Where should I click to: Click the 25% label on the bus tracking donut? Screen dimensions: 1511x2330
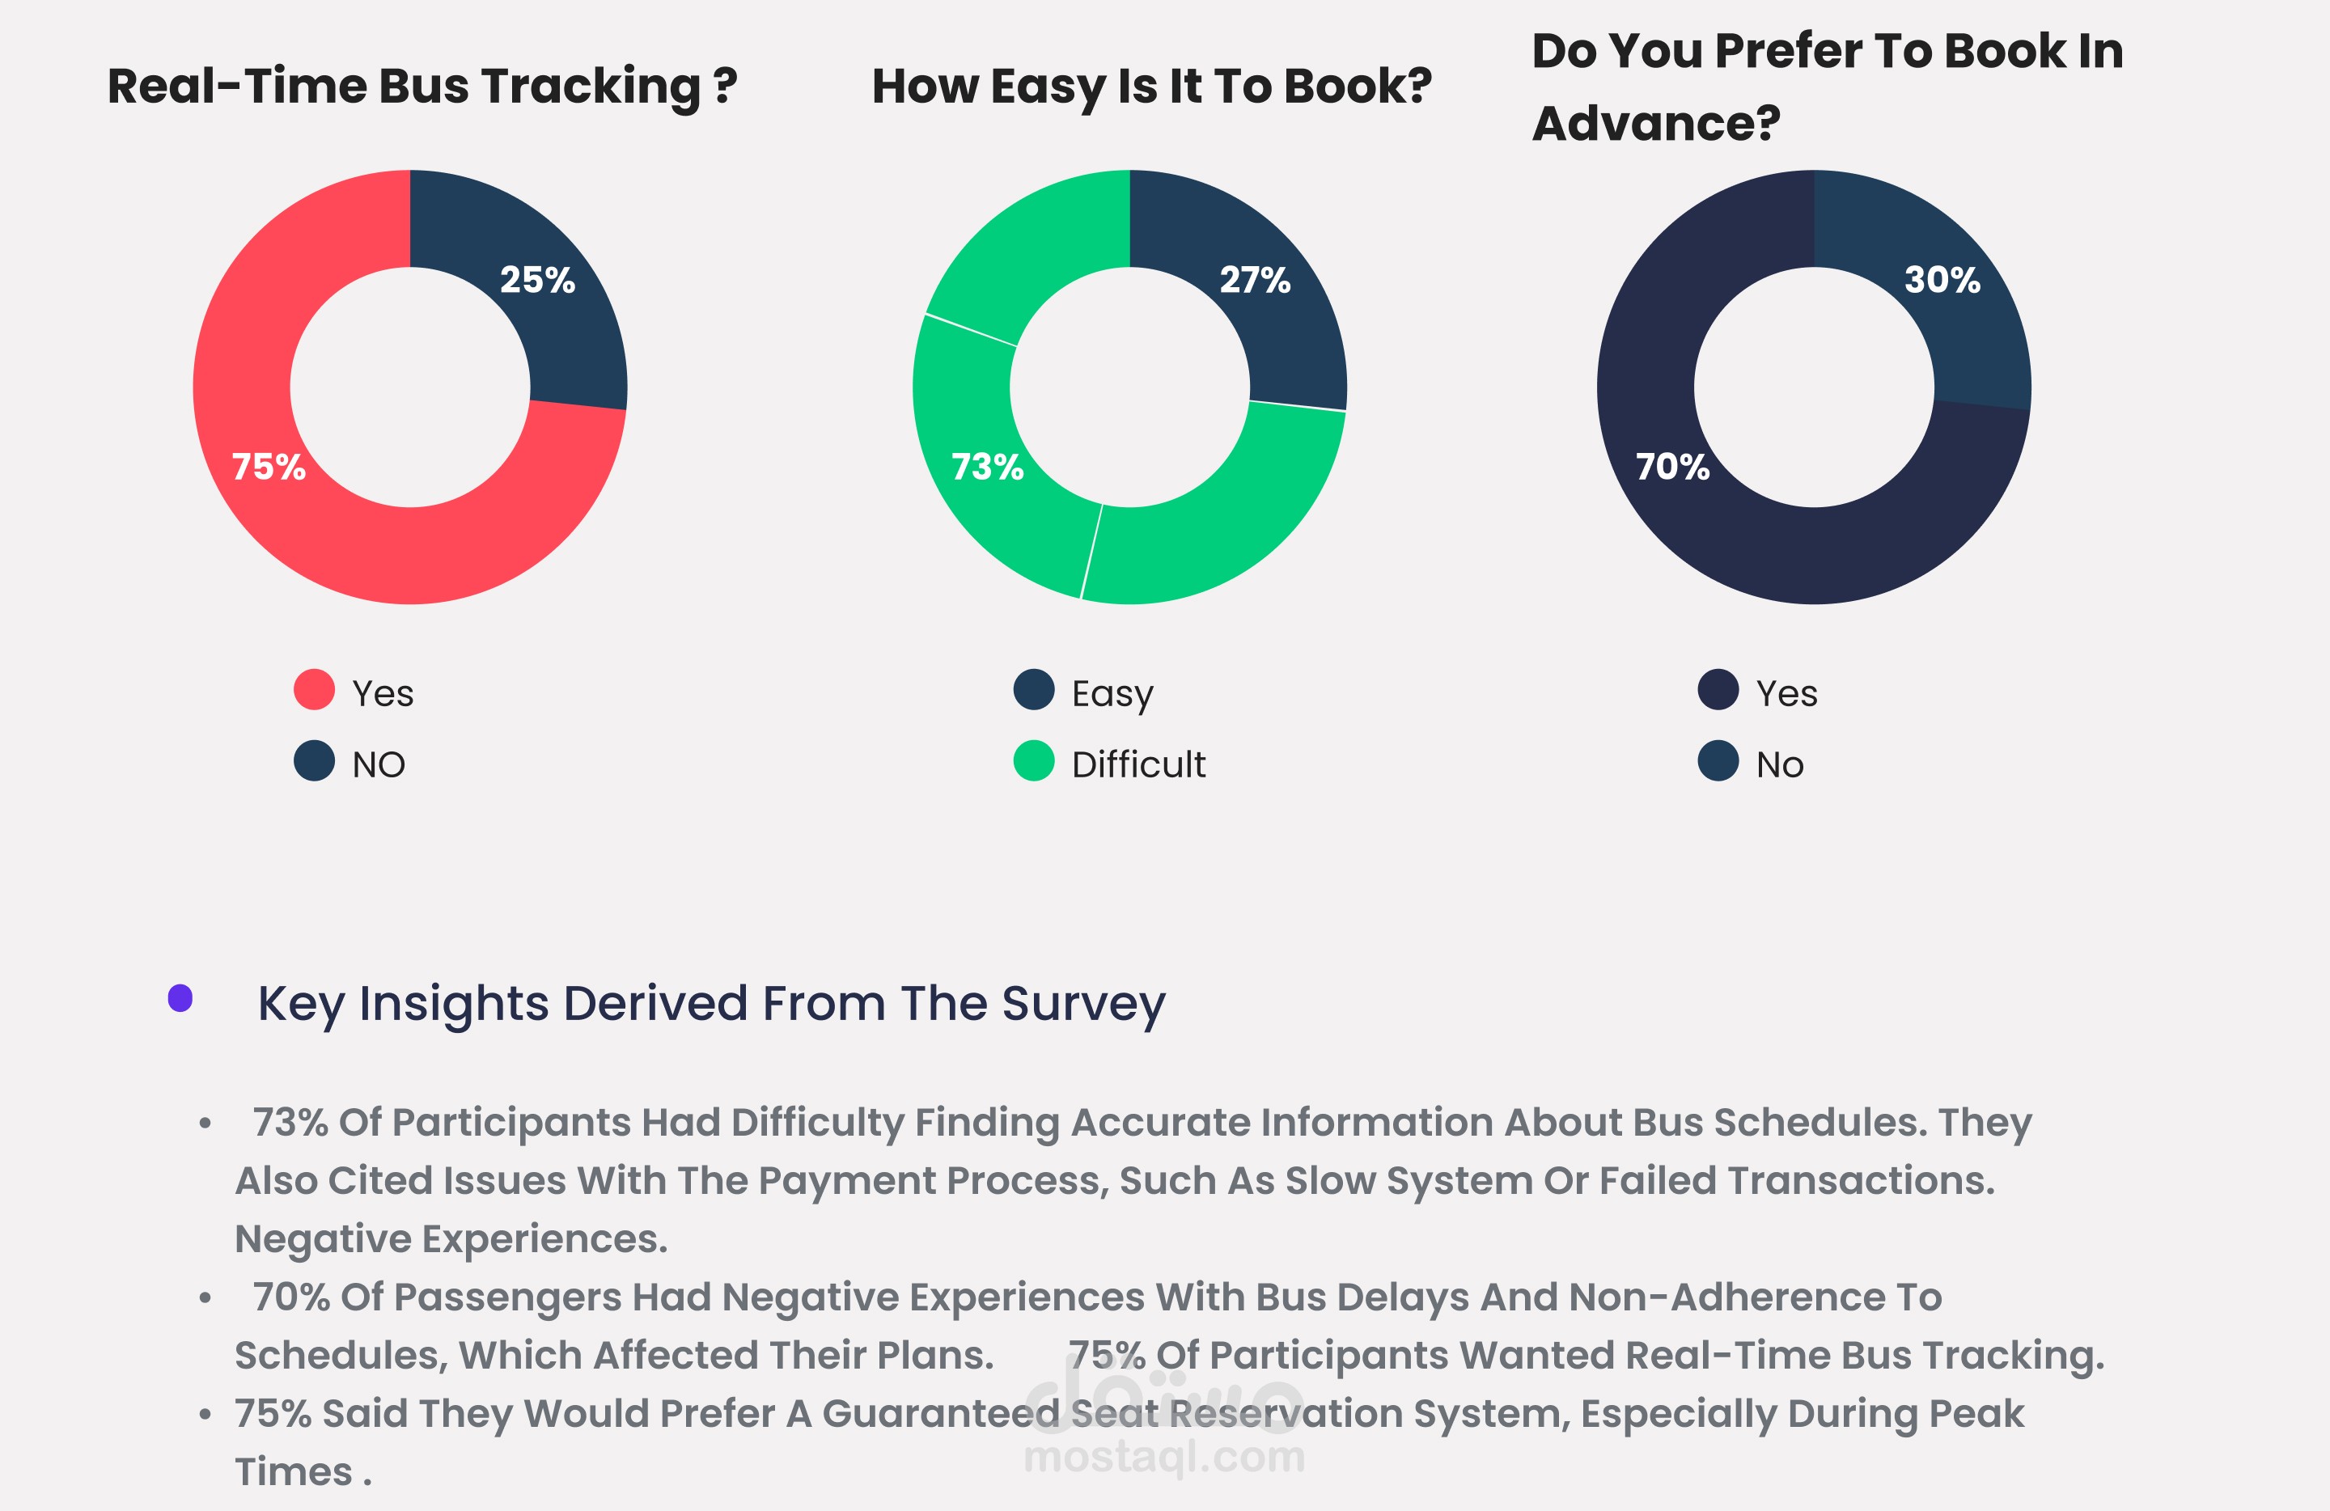(537, 280)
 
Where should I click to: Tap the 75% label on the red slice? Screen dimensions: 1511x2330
(269, 467)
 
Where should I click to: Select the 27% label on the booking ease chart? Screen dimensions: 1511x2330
(1255, 280)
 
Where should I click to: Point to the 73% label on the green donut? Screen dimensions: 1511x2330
(987, 467)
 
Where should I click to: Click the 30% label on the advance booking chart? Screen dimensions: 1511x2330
(1942, 280)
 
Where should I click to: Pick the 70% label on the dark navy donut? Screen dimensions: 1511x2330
(1672, 467)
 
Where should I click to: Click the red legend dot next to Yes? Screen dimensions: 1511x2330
(314, 690)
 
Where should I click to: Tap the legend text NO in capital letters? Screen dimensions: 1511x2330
(379, 764)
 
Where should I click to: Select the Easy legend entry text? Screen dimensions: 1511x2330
(1112, 694)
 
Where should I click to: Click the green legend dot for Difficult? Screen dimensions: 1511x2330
(1034, 761)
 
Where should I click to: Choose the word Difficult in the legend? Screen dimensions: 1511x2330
(1138, 764)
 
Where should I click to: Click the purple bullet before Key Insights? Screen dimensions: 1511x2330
(180, 998)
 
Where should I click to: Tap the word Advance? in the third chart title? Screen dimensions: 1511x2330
(1655, 123)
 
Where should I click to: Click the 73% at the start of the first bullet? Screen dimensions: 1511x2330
(290, 1123)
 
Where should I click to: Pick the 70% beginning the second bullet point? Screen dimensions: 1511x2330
(290, 1297)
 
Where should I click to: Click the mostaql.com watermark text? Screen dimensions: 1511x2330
(1164, 1456)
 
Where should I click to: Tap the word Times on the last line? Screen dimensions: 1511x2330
(293, 1472)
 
